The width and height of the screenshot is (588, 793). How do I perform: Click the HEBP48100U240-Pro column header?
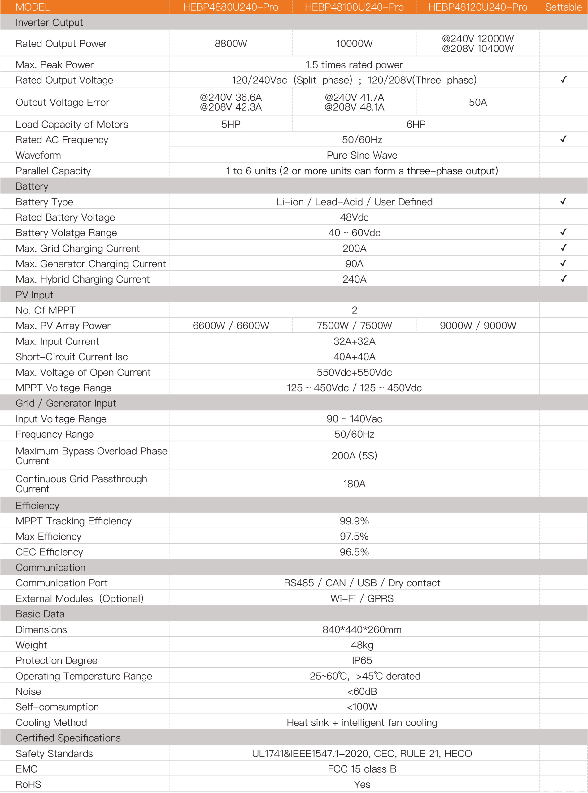pyautogui.click(x=354, y=7)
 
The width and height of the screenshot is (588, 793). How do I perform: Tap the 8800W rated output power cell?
pyautogui.click(x=231, y=43)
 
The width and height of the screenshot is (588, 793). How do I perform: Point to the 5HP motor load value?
pyautogui.click(x=231, y=124)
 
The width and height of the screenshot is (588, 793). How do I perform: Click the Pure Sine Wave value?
pyautogui.click(x=362, y=155)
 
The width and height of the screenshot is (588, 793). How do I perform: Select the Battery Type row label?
pyautogui.click(x=44, y=202)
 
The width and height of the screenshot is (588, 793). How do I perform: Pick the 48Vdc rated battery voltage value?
pyautogui.click(x=354, y=217)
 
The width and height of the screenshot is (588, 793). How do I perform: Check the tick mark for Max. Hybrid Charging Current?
pyautogui.click(x=563, y=279)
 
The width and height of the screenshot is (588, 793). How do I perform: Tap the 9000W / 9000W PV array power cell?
pyautogui.click(x=478, y=326)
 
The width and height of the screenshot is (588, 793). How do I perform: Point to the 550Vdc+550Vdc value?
pyautogui.click(x=354, y=372)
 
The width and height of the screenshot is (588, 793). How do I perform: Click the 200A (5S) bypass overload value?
pyautogui.click(x=354, y=455)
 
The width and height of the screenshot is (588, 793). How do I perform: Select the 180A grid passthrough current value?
pyautogui.click(x=354, y=484)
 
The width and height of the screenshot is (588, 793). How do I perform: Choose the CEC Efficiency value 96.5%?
pyautogui.click(x=354, y=552)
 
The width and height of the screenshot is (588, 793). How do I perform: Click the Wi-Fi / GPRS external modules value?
pyautogui.click(x=362, y=598)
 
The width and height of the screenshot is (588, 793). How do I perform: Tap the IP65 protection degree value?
pyautogui.click(x=362, y=660)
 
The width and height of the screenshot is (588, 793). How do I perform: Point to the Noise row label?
pyautogui.click(x=28, y=691)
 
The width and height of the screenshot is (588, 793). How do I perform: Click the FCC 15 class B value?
pyautogui.click(x=362, y=769)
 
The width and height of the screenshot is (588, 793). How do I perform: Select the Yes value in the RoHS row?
pyautogui.click(x=362, y=784)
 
